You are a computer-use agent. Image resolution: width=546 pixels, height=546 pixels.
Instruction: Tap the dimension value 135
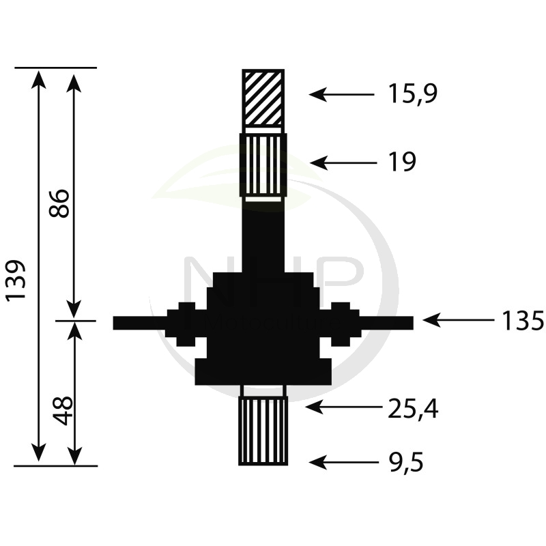pos(522,320)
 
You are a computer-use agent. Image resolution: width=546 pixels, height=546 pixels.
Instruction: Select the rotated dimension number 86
pos(60,203)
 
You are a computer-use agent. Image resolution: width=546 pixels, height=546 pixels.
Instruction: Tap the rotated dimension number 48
pos(63,409)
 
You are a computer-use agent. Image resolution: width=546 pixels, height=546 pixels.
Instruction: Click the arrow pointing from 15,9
pos(341,94)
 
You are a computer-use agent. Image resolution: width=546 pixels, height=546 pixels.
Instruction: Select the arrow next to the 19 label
pos(343,162)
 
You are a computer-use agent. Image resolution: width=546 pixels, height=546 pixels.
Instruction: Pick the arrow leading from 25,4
pos(343,407)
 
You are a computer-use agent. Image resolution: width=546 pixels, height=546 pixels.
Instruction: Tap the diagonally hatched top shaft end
pos(263,98)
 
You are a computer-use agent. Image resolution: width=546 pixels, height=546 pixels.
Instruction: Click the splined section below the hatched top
pos(263,165)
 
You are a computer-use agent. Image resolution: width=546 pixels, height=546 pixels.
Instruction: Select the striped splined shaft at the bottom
pos(263,430)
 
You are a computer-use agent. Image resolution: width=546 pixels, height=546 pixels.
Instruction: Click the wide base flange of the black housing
pos(263,371)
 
